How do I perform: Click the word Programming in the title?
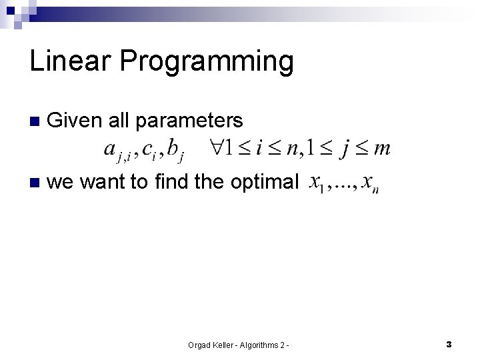tap(207, 62)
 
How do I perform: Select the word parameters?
tap(189, 121)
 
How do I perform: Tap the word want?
tap(100, 182)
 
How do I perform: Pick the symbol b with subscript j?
tap(175, 150)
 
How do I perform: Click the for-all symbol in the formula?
tap(216, 147)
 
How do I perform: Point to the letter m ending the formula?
tap(383, 148)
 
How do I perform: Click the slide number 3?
tap(449, 345)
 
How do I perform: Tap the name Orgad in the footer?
tap(200, 345)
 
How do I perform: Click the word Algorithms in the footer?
tap(257, 345)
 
